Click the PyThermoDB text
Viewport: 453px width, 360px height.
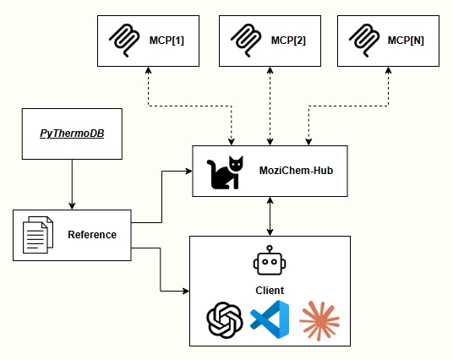pos(72,134)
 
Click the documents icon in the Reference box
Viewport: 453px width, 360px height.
pos(35,235)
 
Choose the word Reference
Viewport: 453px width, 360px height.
pos(92,234)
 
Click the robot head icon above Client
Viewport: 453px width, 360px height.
pos(270,263)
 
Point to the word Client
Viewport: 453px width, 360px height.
pos(270,290)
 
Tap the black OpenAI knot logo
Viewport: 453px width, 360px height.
pos(226,320)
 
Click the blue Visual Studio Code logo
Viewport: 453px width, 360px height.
pos(270,320)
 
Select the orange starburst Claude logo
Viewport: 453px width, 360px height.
pos(319,320)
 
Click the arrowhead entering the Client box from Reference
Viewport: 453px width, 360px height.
pos(184,292)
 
